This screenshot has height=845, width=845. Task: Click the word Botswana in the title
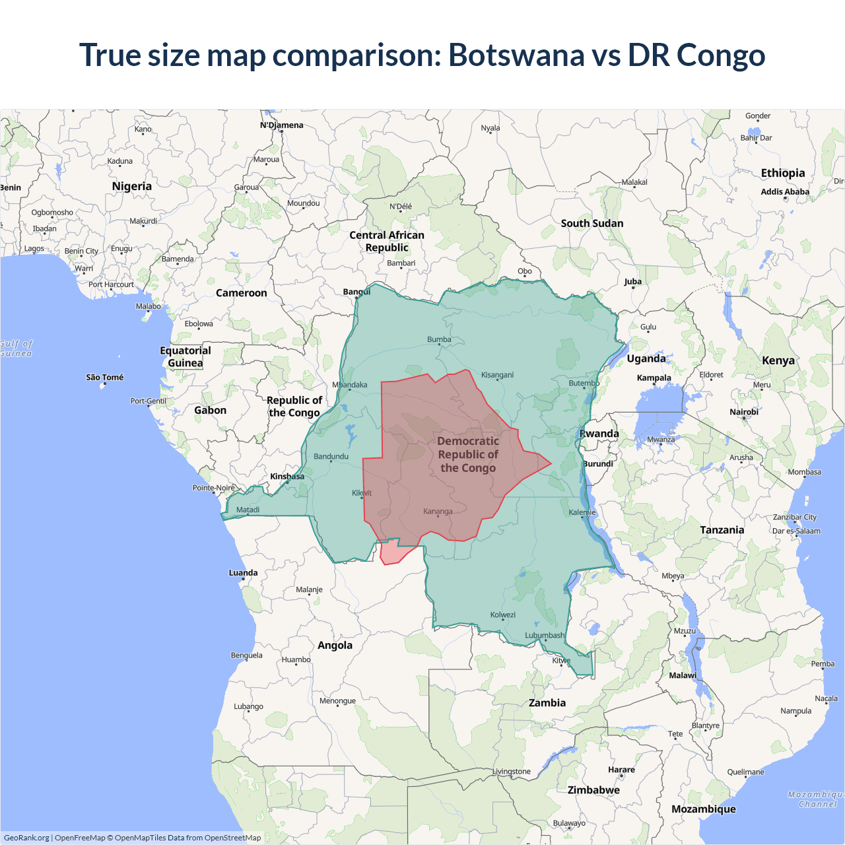[516, 55]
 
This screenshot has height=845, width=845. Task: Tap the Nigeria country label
[132, 186]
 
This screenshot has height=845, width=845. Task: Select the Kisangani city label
[497, 375]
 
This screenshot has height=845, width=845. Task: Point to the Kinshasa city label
[287, 477]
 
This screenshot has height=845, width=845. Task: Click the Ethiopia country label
[783, 173]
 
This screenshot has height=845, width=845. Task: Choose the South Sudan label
[592, 223]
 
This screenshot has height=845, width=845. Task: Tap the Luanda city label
[243, 573]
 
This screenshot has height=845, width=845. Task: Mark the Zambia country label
[547, 703]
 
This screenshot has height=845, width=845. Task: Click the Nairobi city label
[744, 412]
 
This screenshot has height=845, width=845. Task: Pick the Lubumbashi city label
[545, 636]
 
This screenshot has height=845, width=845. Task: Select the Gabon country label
[210, 410]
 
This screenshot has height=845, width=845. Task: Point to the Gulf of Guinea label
[16, 349]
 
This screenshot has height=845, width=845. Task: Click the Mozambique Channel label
[817, 799]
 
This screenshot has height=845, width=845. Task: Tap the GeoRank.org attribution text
[26, 838]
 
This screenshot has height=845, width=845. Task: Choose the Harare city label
[621, 770]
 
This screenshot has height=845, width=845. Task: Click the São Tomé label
[104, 378]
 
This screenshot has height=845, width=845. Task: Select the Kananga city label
[438, 512]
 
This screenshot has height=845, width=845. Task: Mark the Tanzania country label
[722, 530]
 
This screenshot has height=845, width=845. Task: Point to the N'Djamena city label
[281, 125]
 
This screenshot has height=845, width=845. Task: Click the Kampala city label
[654, 378]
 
